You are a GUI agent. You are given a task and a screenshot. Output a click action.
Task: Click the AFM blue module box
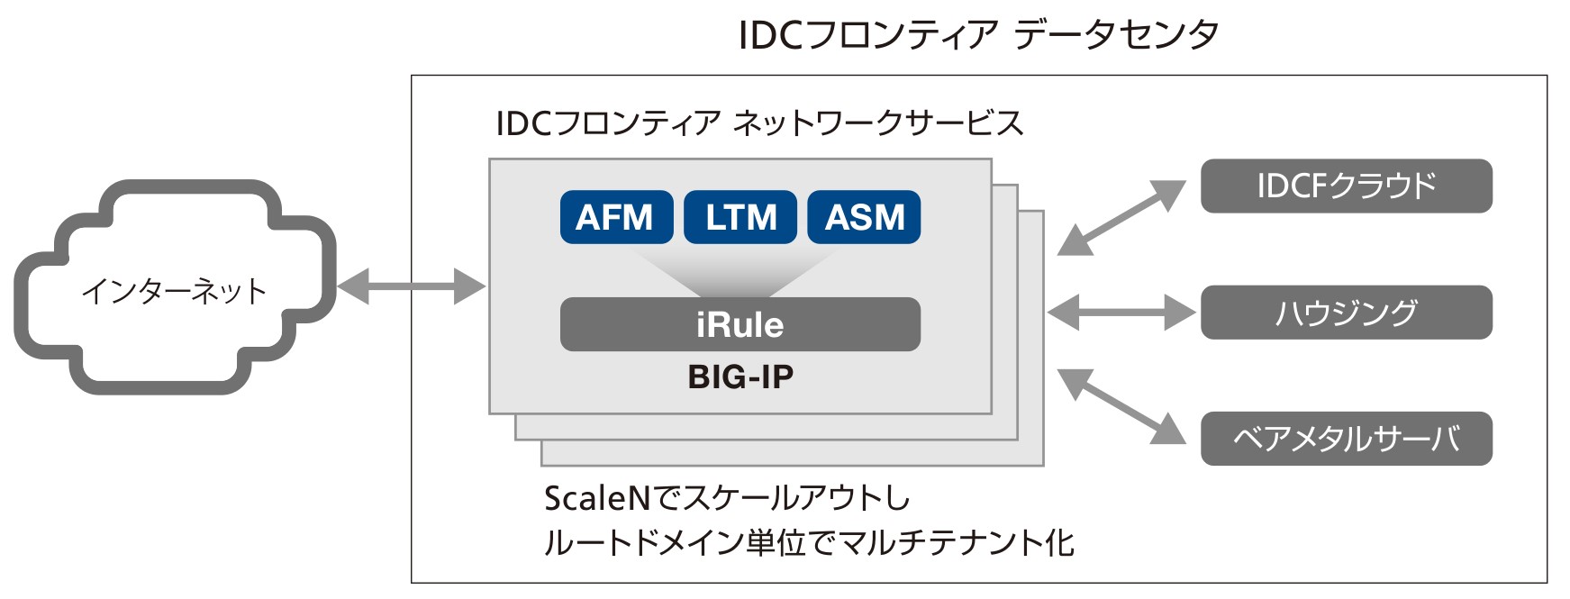(616, 217)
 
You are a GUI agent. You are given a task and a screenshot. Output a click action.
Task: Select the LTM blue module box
(740, 217)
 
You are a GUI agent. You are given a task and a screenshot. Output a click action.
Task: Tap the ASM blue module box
(864, 217)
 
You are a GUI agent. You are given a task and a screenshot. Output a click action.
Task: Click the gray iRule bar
(740, 324)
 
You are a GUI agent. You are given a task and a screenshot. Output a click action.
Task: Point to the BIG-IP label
(740, 377)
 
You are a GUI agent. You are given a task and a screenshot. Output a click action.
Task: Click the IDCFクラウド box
(1347, 186)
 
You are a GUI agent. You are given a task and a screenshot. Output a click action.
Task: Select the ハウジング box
(1347, 313)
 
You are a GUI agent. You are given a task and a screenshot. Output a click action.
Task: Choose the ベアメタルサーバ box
(1347, 439)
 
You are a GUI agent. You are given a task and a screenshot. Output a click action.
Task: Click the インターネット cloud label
(175, 291)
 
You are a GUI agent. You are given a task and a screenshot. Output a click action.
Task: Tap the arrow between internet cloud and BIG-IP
(412, 286)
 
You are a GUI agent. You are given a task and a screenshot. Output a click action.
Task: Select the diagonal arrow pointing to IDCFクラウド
(1121, 218)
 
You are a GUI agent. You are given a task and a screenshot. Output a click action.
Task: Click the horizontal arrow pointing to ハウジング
(1121, 313)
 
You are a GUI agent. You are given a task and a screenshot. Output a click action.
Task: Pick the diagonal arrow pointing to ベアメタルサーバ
(1121, 406)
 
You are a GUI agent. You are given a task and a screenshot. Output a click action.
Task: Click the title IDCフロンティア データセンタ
(979, 35)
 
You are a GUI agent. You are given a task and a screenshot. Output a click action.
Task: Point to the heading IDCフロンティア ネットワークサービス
(759, 123)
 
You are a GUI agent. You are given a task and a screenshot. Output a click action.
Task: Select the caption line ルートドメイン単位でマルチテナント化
(809, 543)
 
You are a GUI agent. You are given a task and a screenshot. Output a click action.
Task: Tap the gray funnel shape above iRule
(740, 271)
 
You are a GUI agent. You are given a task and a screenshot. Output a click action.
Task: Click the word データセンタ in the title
(1117, 35)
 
